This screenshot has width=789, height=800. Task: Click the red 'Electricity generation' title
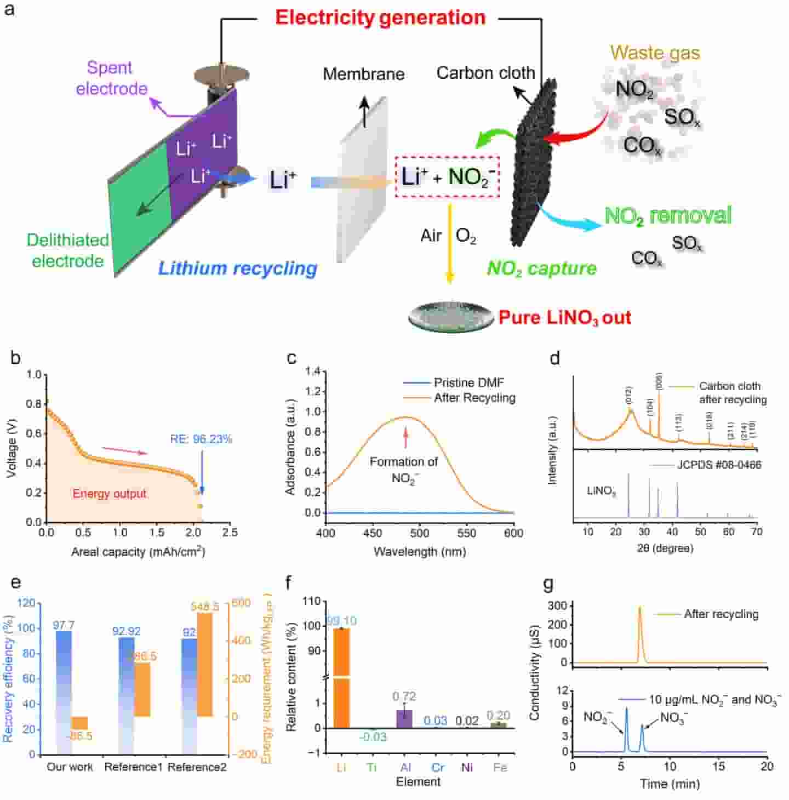click(380, 18)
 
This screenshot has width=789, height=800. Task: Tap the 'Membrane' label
click(364, 74)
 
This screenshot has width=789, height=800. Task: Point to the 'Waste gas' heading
click(655, 53)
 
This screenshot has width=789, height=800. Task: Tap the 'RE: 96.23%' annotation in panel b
click(201, 439)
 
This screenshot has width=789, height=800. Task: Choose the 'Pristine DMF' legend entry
click(468, 383)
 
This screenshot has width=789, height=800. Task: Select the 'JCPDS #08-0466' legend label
click(719, 465)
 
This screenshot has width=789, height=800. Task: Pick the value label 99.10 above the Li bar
click(341, 620)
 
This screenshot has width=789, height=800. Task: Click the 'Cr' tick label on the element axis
click(437, 767)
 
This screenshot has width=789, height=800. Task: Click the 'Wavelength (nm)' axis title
click(420, 551)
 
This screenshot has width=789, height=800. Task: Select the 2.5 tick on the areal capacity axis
click(230, 532)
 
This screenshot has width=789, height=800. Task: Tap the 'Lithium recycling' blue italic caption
click(238, 268)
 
